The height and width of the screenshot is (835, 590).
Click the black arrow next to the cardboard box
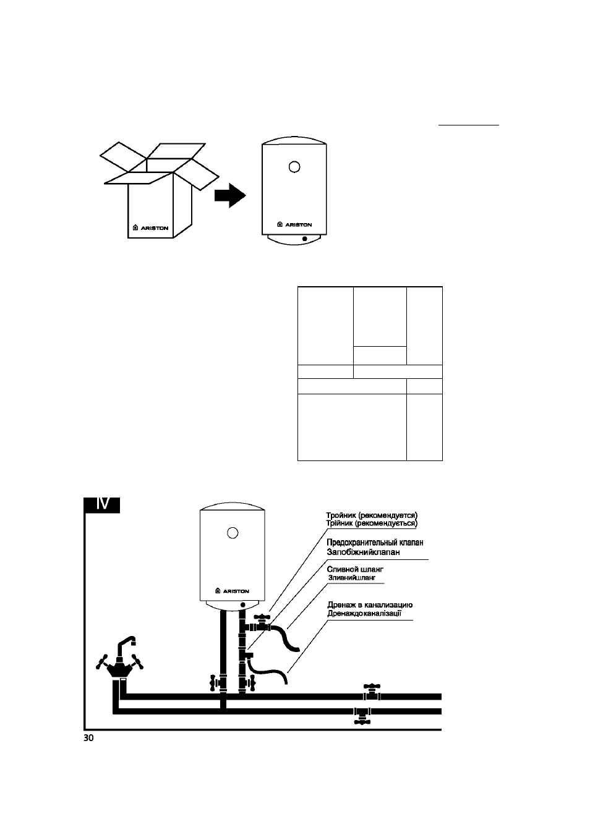point(230,195)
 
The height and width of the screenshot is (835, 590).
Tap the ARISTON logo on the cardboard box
point(151,228)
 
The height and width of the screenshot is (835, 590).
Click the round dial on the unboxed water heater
point(294,167)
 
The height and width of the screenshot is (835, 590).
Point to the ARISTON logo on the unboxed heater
point(294,224)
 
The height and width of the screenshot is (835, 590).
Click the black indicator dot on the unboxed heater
point(305,239)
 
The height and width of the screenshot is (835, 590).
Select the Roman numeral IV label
point(102,505)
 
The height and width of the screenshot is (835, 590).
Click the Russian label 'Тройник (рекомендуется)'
point(372,515)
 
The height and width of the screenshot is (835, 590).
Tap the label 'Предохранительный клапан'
point(375,543)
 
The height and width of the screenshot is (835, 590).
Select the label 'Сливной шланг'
point(355,569)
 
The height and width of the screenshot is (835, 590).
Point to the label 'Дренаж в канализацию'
point(370,604)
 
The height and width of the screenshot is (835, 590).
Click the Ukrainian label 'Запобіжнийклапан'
point(363,552)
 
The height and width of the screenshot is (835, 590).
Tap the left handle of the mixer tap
point(102,662)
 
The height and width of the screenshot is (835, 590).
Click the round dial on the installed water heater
point(233,533)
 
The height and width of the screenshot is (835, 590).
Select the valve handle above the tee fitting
point(262,617)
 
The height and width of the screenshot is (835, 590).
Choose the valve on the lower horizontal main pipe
point(362,715)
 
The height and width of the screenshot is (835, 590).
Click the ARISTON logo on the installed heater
point(233,591)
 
